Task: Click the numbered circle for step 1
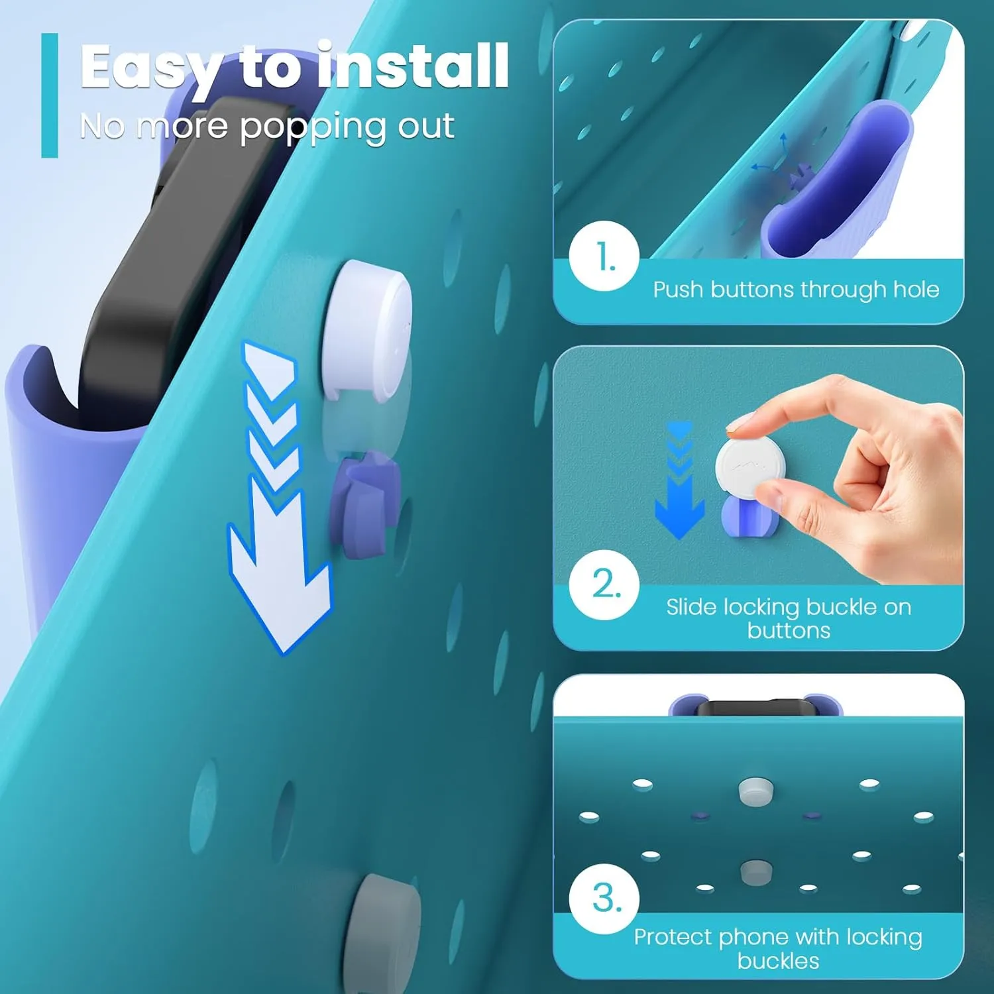[x=604, y=256]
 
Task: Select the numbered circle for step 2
[x=604, y=584]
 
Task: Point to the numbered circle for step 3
[x=604, y=899]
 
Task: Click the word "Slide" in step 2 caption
[x=691, y=606]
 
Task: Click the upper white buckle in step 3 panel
[x=755, y=791]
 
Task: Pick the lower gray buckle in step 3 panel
[x=755, y=872]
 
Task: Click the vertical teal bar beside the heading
[x=50, y=95]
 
